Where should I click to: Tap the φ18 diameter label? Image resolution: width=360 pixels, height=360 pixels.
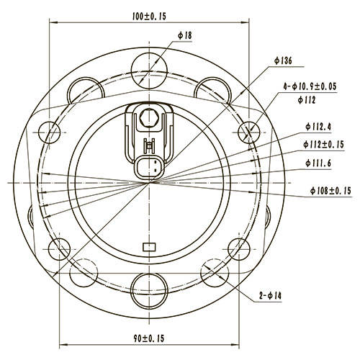(x=184, y=35)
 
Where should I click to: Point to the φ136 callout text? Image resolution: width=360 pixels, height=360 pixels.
(x=282, y=62)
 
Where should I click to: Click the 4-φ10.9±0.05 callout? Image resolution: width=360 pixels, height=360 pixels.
(x=311, y=86)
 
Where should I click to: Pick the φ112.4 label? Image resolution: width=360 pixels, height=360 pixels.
(x=318, y=127)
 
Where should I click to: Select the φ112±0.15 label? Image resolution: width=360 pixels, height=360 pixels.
(x=323, y=144)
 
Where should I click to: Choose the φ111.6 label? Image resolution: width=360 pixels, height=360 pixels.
(x=318, y=162)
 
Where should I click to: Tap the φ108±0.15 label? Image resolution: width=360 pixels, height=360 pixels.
(x=330, y=190)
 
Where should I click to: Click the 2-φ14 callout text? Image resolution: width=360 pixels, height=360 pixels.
(x=271, y=295)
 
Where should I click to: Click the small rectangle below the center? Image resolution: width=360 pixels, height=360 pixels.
(x=150, y=247)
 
